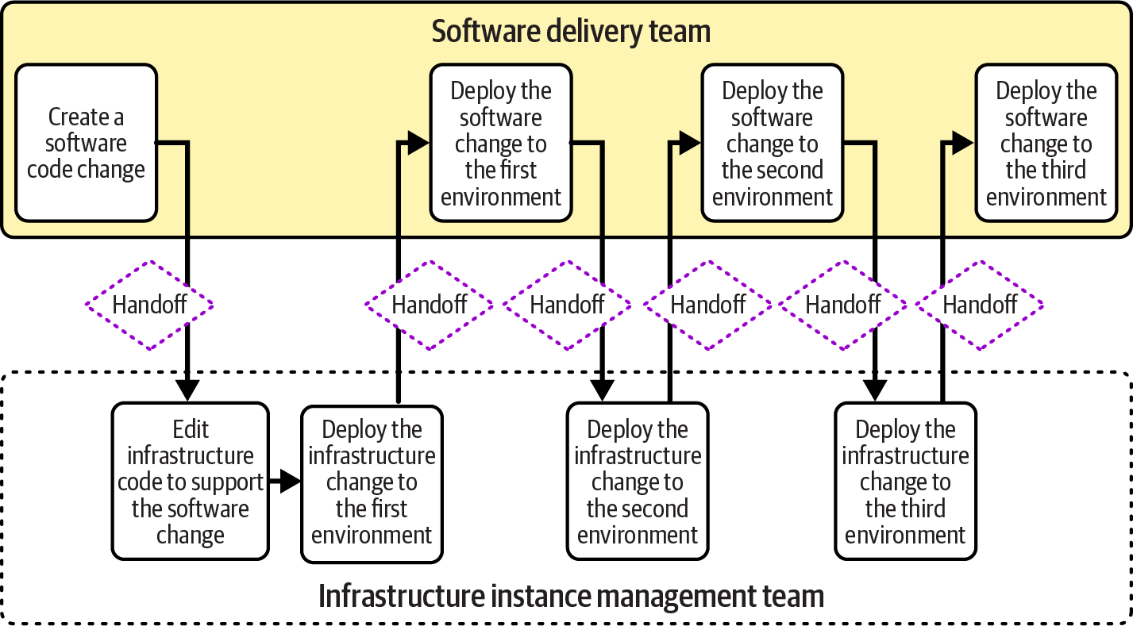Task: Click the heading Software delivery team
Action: pos(570,32)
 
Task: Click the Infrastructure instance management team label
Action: pos(571,596)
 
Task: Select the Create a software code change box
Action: pos(87,143)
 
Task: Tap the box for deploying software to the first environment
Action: pos(501,144)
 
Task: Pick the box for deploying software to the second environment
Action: pos(772,144)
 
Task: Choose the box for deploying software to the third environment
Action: pos(1046,144)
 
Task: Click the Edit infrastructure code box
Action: pos(191,482)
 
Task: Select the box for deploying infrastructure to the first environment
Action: pos(372,482)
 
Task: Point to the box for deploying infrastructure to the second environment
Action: pos(637,482)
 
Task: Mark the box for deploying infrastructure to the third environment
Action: pos(905,482)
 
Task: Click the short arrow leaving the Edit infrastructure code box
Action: pos(285,481)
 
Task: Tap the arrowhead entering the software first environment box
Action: pos(419,143)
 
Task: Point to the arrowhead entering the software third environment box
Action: pos(963,143)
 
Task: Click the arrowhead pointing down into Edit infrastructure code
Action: pos(187,390)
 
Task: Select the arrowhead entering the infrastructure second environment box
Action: pos(603,390)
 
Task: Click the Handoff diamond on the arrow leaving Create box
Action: pos(149,305)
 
